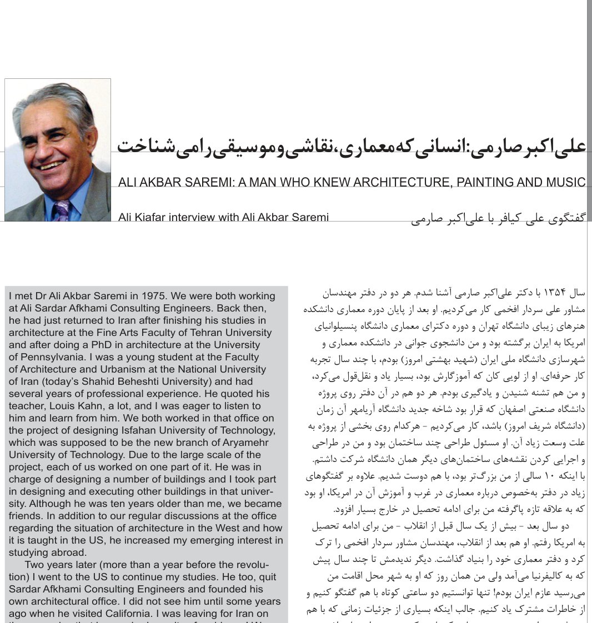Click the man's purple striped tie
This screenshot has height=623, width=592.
pos(62,211)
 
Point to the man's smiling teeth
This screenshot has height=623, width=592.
pos(51,165)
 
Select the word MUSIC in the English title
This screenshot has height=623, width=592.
pos(566,182)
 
